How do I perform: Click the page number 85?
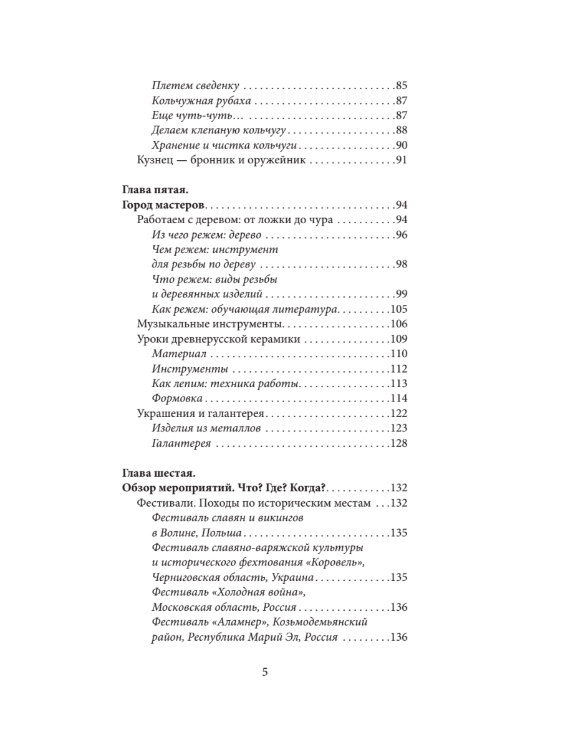coord(401,85)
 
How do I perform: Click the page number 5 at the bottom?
coord(265,672)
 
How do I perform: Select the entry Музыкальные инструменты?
coord(210,324)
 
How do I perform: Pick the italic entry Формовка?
coord(177,399)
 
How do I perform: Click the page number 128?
coord(398,444)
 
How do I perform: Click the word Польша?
coord(219,533)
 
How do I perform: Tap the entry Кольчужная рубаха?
coord(201,101)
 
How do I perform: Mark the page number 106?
coord(398,324)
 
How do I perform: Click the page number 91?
coord(401,161)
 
